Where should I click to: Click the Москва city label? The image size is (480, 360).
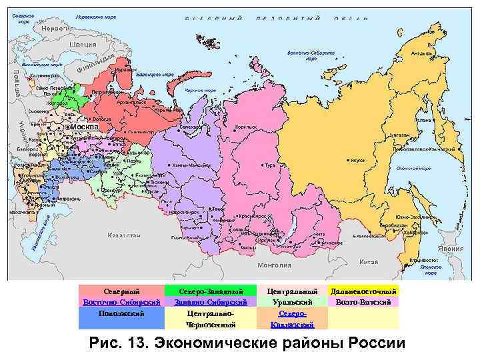[85, 127]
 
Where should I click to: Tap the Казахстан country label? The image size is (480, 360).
[124, 235]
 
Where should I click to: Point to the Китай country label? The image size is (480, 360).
[369, 262]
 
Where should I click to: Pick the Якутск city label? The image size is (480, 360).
[357, 161]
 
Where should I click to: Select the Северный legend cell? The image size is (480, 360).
[121, 291]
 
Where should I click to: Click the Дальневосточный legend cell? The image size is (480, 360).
[363, 291]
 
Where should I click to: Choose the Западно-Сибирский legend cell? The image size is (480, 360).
[211, 302]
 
